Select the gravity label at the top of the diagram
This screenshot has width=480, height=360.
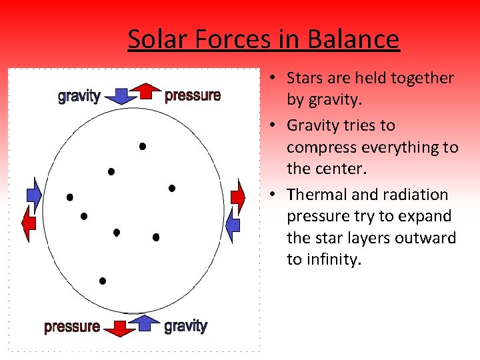(79, 95)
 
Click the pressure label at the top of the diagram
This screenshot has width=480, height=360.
(193, 95)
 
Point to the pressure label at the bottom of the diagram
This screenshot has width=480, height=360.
(72, 327)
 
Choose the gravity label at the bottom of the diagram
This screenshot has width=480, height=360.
(186, 326)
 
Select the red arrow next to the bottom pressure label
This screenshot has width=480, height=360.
(120, 328)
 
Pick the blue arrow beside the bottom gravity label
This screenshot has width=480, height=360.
(145, 323)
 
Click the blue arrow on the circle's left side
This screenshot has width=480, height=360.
(33, 195)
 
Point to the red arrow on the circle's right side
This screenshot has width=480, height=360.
(237, 195)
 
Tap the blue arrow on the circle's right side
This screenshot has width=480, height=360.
(233, 225)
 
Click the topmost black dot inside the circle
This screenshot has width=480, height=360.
(142, 146)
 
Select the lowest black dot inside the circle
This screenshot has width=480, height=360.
(103, 281)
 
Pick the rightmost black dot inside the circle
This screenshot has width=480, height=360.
(171, 189)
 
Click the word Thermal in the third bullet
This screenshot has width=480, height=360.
(314, 195)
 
